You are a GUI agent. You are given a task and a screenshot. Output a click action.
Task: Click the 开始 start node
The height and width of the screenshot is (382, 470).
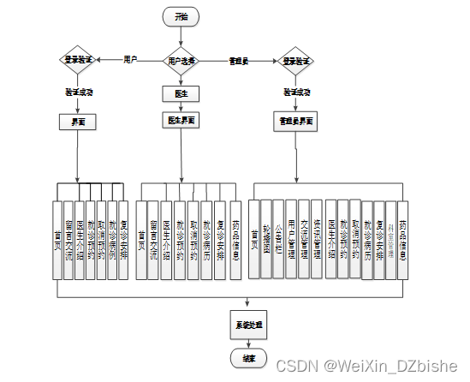pos(181,16)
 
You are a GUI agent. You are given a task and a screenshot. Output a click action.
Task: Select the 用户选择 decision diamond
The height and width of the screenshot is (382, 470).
pos(181,61)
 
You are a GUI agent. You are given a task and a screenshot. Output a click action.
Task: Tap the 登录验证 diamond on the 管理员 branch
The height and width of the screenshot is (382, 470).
pos(296,61)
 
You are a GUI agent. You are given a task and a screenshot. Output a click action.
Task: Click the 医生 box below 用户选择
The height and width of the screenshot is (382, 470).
pos(181,92)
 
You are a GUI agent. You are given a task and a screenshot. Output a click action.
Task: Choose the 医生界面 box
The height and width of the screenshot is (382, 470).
pos(181,121)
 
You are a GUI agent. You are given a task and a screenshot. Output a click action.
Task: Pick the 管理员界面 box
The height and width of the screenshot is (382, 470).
pos(296,121)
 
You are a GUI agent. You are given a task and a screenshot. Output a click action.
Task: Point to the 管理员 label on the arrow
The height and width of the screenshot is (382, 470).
pos(239,61)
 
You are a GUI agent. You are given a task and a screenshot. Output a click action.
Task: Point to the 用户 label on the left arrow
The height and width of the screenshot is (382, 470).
pos(131,60)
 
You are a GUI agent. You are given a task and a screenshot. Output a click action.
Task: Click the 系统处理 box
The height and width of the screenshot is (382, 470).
pos(247,326)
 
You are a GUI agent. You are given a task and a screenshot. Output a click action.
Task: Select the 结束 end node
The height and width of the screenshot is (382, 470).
pos(247,355)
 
